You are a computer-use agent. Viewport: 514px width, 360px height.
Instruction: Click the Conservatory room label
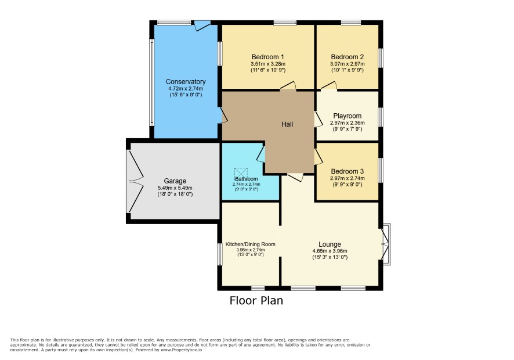pos(186,82)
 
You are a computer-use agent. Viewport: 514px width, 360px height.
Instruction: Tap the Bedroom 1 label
pos(268,57)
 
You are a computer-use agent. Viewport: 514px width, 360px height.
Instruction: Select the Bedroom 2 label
pos(347,57)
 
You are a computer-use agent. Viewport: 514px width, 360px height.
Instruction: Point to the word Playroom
pos(347,116)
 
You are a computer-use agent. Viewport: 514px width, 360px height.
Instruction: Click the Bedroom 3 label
pos(347,171)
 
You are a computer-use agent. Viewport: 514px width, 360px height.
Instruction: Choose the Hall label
pos(287,124)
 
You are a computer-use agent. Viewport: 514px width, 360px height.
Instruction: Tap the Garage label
pos(175,181)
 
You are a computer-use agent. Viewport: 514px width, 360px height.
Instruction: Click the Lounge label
pos(330,244)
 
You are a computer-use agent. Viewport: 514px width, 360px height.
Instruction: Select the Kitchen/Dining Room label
pos(251,244)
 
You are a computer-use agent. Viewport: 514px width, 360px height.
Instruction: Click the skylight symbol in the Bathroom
pos(241,172)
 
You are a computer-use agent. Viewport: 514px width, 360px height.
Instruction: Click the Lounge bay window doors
pos(385,244)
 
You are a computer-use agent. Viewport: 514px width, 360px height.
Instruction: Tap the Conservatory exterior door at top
pos(201,25)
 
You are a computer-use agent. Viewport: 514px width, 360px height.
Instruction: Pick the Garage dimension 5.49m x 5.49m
pos(175,188)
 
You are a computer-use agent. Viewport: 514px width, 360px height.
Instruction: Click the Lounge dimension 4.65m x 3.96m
pos(330,251)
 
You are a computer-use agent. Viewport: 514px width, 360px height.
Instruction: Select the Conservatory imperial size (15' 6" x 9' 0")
pos(186,95)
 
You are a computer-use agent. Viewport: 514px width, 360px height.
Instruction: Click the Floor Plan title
pos(256,301)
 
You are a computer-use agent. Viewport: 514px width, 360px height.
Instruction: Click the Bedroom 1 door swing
pos(288,85)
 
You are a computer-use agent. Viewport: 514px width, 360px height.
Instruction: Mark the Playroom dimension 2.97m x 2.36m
pos(347,123)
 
